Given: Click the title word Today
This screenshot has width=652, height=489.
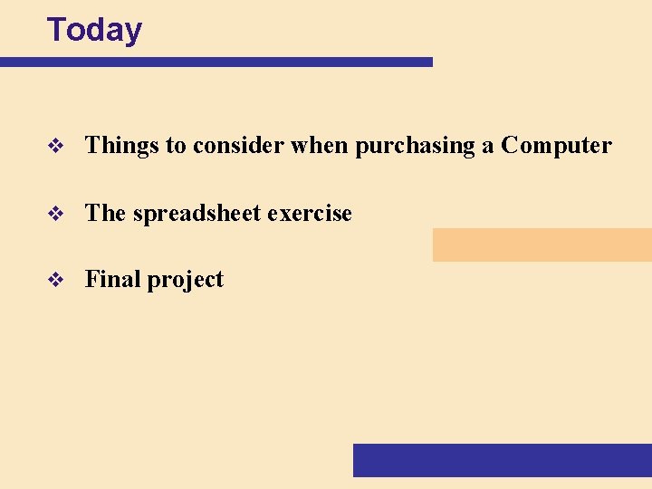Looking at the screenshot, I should tap(94, 30).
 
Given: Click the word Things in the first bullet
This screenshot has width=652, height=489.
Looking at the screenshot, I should tap(122, 145).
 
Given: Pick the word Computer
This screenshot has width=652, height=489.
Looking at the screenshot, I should tap(556, 146).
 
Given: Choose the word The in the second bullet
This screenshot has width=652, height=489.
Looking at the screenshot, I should tap(105, 214).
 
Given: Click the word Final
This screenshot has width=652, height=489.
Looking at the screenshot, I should tap(113, 280).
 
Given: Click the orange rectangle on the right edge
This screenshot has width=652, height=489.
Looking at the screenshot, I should tap(542, 244).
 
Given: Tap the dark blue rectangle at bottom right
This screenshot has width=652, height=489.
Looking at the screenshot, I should tap(502, 459).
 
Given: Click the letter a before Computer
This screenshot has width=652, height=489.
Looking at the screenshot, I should tap(487, 147).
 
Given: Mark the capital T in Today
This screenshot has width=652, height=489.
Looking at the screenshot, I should tap(56, 30).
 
